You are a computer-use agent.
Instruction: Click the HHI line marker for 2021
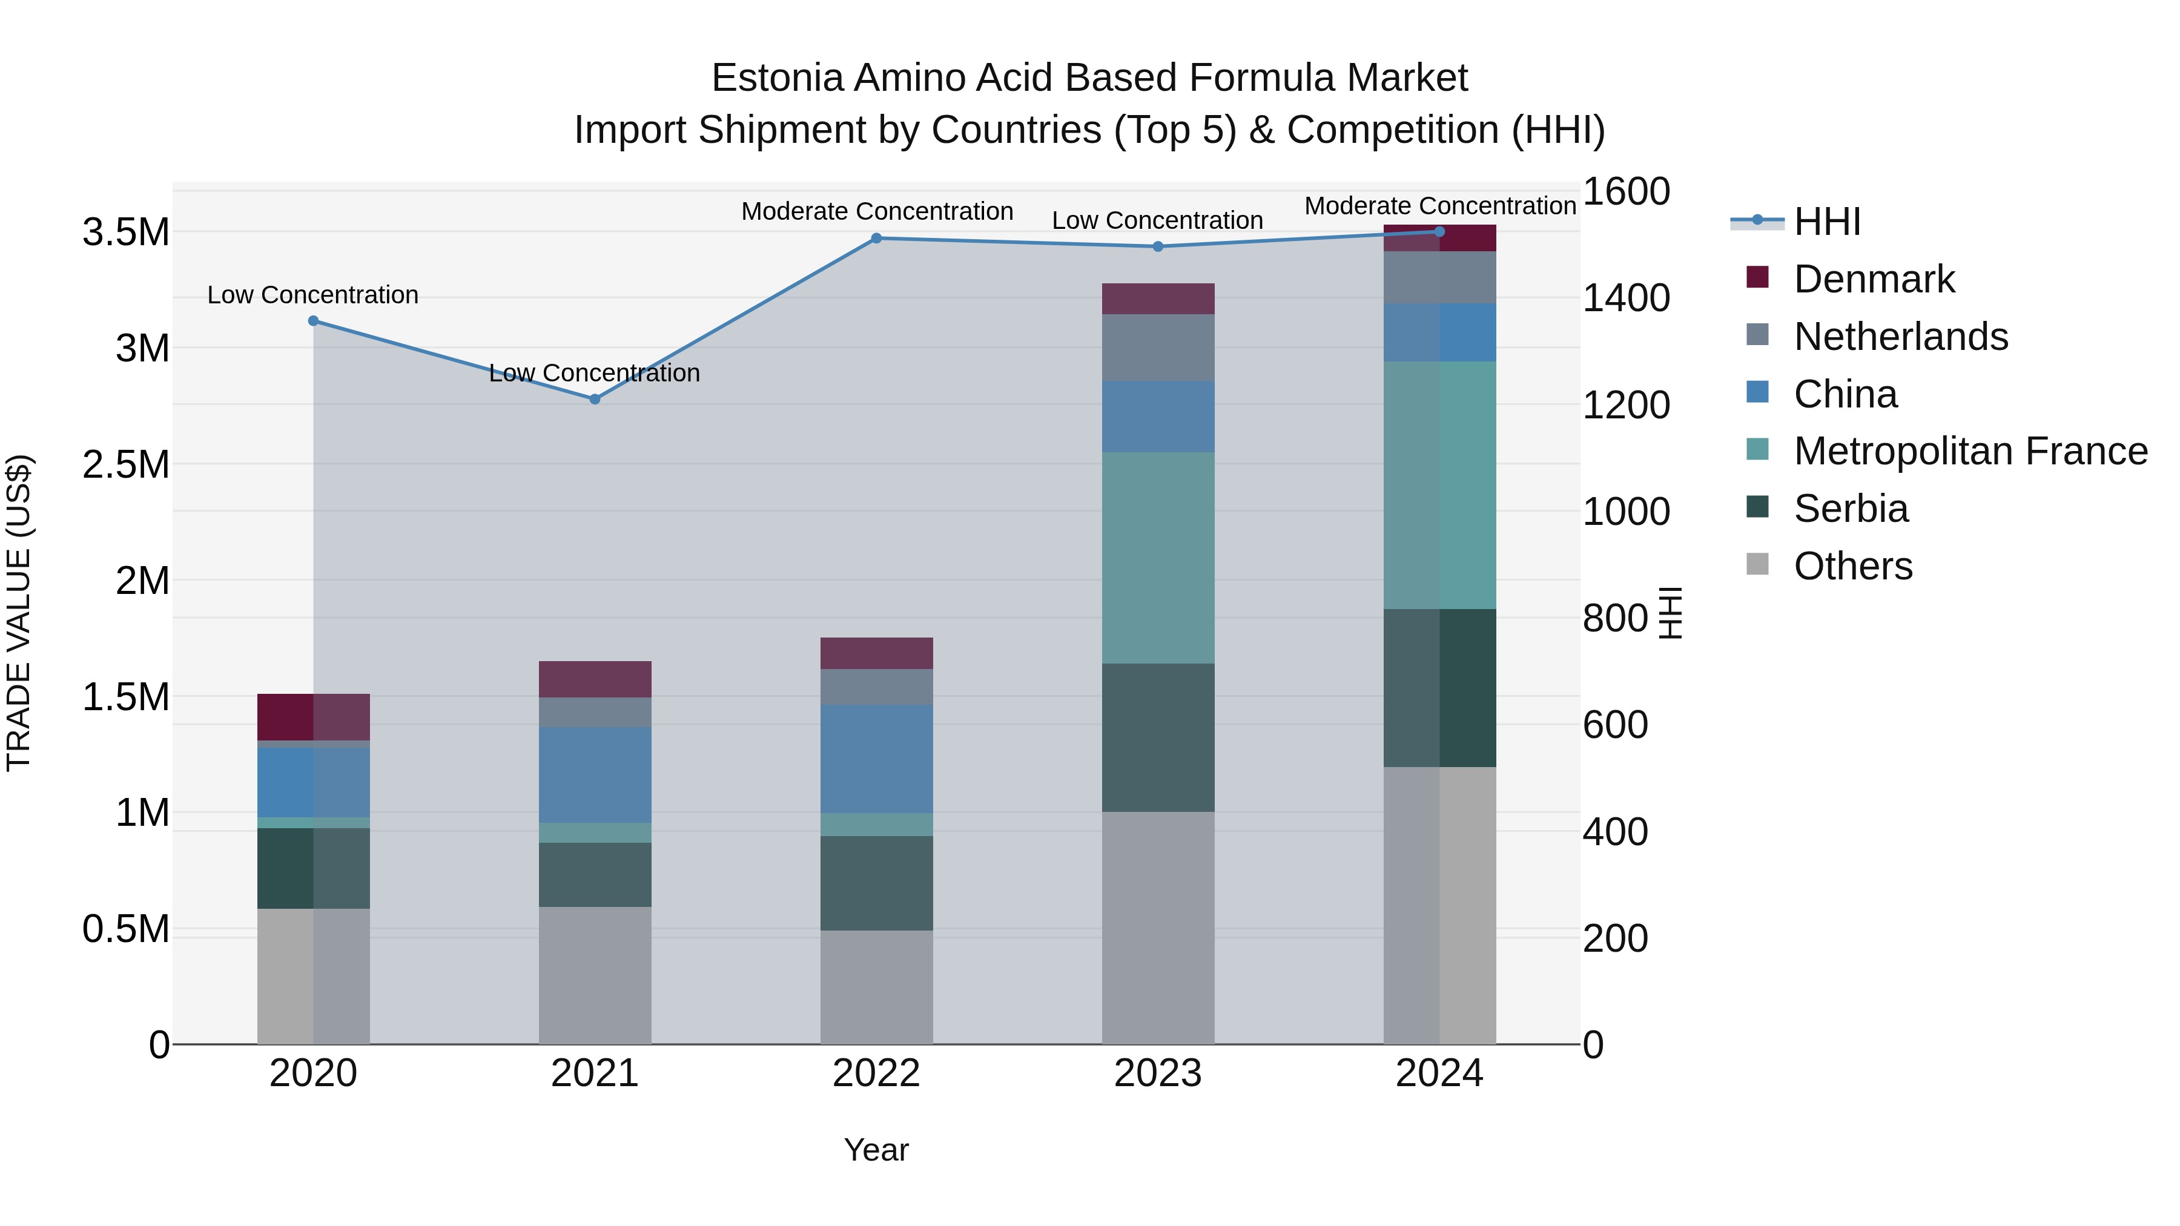pyautogui.click(x=595, y=398)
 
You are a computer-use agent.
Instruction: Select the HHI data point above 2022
pyautogui.click(x=877, y=239)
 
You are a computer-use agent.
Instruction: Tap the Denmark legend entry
pyautogui.click(x=1874, y=279)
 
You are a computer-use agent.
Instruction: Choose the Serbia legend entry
pyautogui.click(x=1851, y=509)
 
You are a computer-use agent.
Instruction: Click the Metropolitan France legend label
pyautogui.click(x=1970, y=451)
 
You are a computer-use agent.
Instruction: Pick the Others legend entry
pyautogui.click(x=1852, y=566)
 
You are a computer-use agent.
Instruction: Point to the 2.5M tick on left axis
pyautogui.click(x=126, y=464)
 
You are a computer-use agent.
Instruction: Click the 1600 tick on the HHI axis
pyautogui.click(x=1626, y=191)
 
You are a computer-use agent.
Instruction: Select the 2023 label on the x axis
pyautogui.click(x=1158, y=1073)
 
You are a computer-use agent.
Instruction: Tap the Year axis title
pyautogui.click(x=876, y=1150)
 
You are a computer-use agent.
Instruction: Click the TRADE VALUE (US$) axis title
pyautogui.click(x=19, y=613)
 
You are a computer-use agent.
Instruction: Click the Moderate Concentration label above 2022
pyautogui.click(x=877, y=211)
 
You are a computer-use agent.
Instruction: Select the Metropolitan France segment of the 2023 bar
pyautogui.click(x=1158, y=558)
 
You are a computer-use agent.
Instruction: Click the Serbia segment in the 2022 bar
pyautogui.click(x=877, y=883)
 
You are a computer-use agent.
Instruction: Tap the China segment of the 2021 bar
pyautogui.click(x=595, y=774)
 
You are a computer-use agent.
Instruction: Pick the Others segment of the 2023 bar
pyautogui.click(x=1158, y=928)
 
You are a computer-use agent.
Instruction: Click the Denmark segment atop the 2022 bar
pyautogui.click(x=877, y=653)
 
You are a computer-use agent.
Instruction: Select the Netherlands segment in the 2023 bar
pyautogui.click(x=1158, y=347)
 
